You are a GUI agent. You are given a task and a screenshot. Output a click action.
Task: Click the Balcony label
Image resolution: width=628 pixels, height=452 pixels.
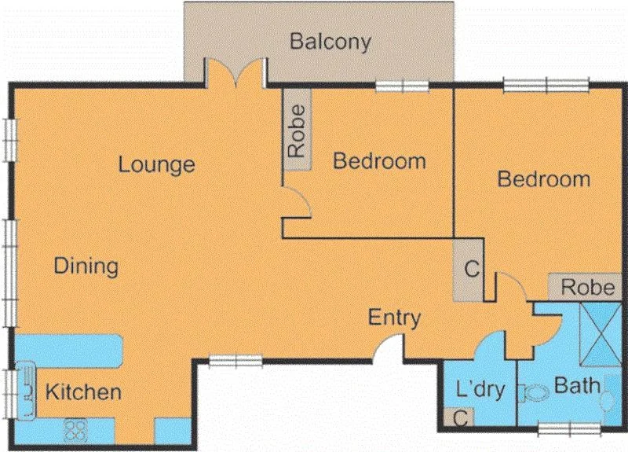(x=330, y=42)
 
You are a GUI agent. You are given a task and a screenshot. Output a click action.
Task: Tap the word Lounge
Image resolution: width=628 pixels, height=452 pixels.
(x=156, y=165)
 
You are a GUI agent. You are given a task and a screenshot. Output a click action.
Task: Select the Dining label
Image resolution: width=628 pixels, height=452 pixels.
(x=86, y=266)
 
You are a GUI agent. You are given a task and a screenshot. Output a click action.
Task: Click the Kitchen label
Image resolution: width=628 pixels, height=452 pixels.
(x=82, y=391)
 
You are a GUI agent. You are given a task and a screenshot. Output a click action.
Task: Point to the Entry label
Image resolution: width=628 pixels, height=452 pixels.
(x=395, y=318)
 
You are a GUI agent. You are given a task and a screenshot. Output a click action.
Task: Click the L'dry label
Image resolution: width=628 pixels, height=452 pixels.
(x=479, y=390)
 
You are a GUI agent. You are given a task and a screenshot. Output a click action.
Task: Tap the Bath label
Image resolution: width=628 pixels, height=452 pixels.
(x=577, y=386)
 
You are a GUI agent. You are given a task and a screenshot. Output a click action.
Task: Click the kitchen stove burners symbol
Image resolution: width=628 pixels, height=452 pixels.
(x=75, y=430)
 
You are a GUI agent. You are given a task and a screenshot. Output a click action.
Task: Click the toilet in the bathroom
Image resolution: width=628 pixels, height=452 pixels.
(x=535, y=392)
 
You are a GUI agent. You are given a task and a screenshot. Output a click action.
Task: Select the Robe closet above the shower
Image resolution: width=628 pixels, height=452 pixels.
(x=587, y=287)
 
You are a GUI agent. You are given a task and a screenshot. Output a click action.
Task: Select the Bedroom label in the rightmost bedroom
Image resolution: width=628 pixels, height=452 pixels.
(x=544, y=179)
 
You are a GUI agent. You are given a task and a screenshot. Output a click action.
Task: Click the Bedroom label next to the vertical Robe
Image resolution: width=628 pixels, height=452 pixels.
(x=379, y=161)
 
